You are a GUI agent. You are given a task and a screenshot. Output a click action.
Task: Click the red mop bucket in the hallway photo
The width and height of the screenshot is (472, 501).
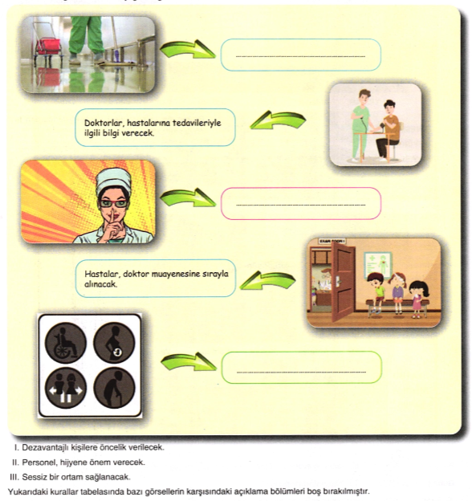coord(48,47)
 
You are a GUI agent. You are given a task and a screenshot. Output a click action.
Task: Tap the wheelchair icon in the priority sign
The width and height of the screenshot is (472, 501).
coord(66,343)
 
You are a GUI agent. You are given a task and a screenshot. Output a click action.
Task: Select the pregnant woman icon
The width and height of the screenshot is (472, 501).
coord(114,343)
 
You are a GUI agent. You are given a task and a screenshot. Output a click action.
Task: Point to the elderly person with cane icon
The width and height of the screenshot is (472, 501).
coord(114,388)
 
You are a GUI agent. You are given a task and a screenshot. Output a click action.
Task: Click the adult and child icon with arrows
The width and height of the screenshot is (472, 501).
coord(66,388)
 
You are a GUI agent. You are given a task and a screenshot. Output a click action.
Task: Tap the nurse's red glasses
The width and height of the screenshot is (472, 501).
coord(114,203)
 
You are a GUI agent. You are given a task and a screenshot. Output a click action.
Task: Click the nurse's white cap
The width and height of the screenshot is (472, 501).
coord(114,181)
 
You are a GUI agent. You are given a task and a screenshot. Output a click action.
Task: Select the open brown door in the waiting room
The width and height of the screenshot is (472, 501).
coord(343,281)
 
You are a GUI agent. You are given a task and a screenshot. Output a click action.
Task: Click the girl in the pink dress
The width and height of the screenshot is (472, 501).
coord(418,299)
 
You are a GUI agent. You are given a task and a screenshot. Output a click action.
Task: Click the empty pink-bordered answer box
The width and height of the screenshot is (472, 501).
coord(301,204)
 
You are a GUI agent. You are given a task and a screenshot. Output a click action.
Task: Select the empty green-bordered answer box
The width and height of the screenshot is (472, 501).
coord(302,368)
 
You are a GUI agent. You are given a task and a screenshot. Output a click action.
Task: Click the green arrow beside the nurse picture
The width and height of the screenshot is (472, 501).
coord(188,198)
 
